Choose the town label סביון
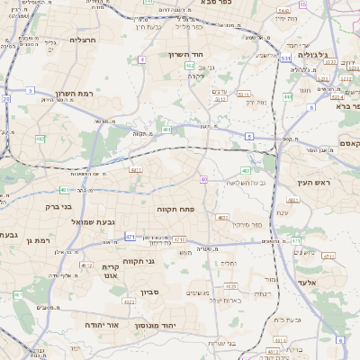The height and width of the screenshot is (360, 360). click(148, 292)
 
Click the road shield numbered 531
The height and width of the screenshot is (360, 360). click(285, 58)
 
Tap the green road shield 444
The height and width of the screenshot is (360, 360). click(288, 96)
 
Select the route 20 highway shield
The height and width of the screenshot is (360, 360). click(6, 98)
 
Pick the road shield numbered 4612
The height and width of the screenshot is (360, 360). click(86, 265)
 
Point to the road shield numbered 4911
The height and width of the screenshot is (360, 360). click(136, 168)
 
